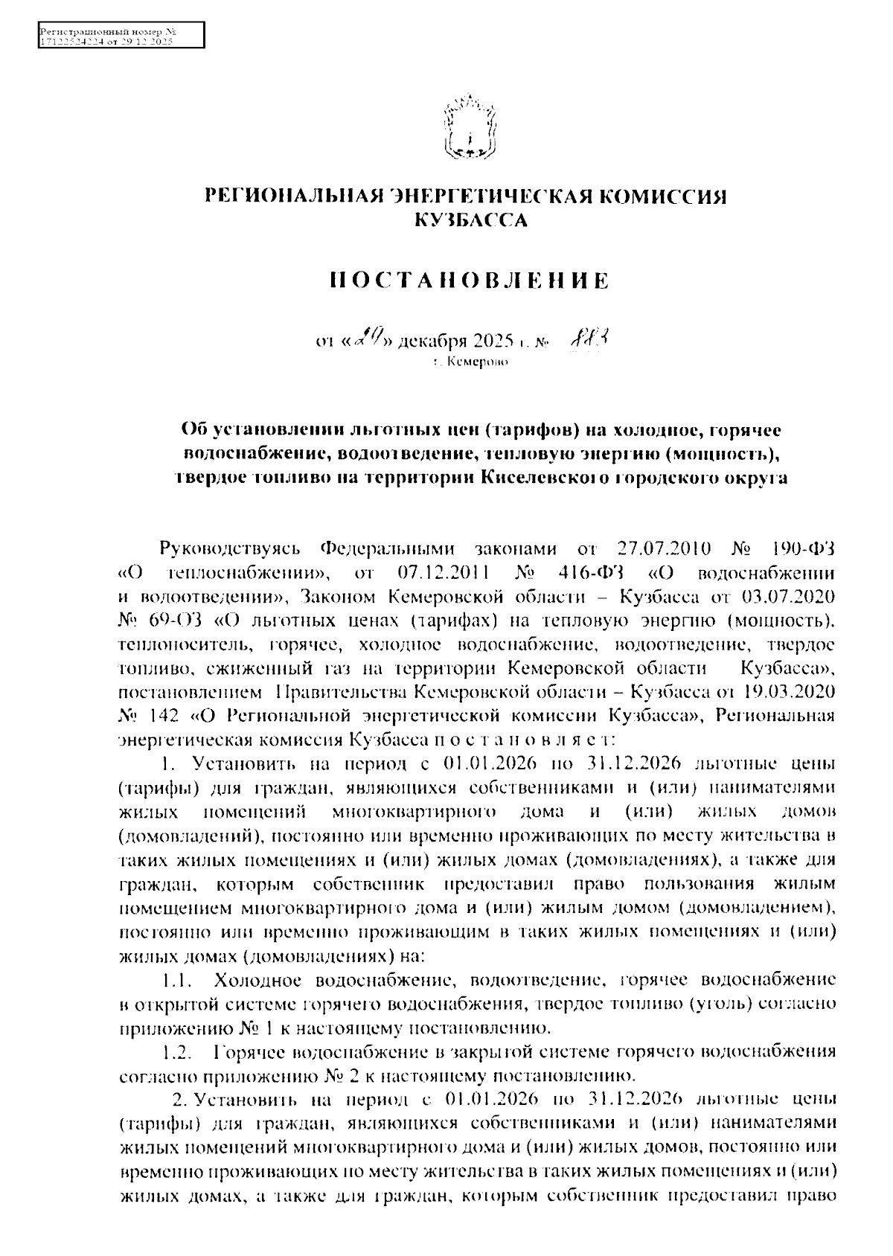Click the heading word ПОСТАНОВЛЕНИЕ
(x=469, y=281)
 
